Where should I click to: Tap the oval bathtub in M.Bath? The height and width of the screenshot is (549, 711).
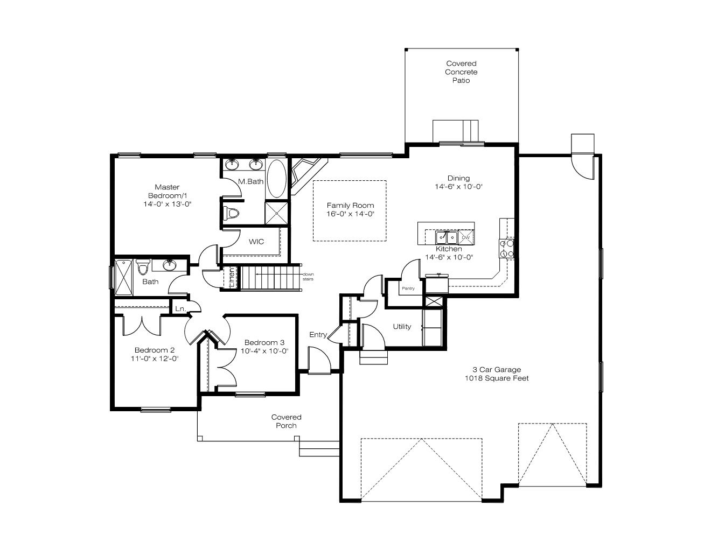coord(276,179)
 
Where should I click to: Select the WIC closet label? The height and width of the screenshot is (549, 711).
coord(256,242)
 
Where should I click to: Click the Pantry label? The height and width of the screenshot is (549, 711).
coord(408,288)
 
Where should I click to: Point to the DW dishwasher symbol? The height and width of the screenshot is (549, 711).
coord(466,237)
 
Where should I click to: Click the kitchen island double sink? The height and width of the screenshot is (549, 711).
coord(447,237)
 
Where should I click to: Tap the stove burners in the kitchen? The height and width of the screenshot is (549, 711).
coord(506,249)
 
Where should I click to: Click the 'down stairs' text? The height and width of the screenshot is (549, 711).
coord(308,277)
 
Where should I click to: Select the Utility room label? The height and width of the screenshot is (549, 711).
coord(402,326)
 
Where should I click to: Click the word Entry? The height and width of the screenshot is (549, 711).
coord(318,334)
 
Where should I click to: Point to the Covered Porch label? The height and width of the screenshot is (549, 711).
coord(287,421)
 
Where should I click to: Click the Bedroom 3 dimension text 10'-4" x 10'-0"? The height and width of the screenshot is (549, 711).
coord(264,351)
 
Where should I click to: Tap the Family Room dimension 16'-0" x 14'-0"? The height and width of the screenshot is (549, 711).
coord(350,214)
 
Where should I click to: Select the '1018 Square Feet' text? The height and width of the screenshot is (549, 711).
coord(497,378)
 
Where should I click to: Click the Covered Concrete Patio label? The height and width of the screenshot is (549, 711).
coord(461,72)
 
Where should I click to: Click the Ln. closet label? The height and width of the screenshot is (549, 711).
coord(180,308)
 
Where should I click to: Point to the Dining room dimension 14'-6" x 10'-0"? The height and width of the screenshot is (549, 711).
coord(459,187)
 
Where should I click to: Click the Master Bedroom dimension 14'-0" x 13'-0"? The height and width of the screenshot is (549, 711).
coord(167,204)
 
